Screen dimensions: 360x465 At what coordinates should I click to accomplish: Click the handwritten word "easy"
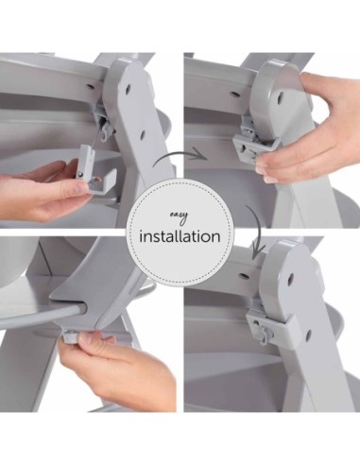point(179,217)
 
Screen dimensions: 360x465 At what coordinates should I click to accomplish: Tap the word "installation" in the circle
point(180,236)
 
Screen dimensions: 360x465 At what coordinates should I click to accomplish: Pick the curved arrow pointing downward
point(256,232)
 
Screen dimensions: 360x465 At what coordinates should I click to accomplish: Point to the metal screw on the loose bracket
point(81,174)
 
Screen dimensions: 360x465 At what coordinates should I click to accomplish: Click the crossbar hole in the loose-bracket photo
point(90,86)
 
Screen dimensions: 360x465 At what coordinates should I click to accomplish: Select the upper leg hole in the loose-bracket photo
point(128,90)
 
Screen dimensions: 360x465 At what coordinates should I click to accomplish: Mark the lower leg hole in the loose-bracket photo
point(143,135)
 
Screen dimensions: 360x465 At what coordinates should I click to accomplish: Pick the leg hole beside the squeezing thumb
point(280,97)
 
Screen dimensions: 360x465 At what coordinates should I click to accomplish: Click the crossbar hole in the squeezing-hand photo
point(235,94)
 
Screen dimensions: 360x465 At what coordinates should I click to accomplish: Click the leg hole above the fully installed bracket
point(291,278)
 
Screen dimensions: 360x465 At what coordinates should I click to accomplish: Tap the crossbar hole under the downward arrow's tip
point(245,276)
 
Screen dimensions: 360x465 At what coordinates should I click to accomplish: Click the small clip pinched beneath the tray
point(71,336)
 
